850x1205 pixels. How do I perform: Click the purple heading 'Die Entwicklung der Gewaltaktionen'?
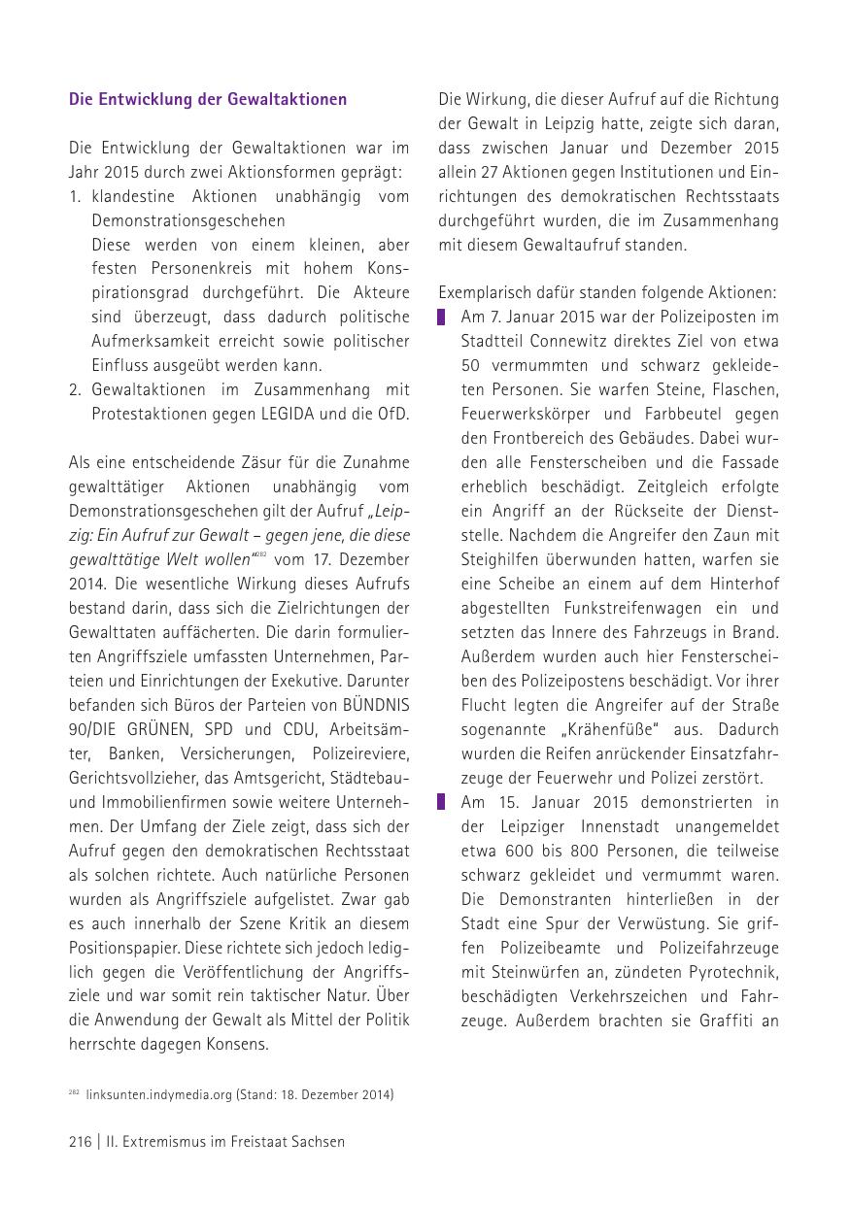208,99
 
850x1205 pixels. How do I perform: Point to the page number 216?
80,1142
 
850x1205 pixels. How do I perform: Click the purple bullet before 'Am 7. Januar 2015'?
441,318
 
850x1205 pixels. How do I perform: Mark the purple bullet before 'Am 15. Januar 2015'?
441,802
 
